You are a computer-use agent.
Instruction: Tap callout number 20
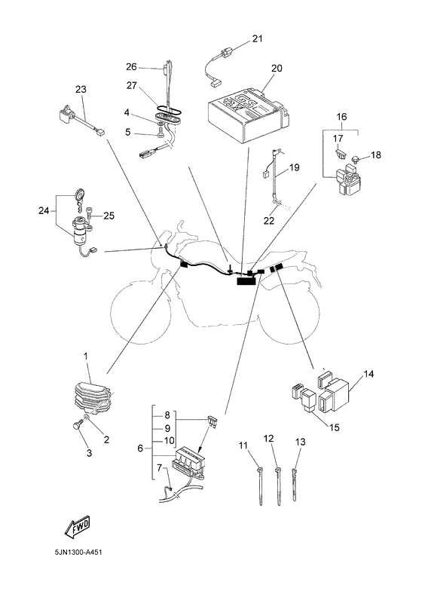pyautogui.click(x=277, y=69)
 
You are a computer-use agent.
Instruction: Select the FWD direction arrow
pyautogui.click(x=78, y=527)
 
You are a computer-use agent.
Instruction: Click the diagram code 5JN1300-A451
pyautogui.click(x=78, y=552)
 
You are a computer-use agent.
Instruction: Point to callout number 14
pyautogui.click(x=368, y=375)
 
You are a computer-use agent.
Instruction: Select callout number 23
pyautogui.click(x=81, y=90)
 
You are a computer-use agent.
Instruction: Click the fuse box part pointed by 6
pyautogui.click(x=188, y=461)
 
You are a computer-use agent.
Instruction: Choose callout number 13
pyautogui.click(x=300, y=442)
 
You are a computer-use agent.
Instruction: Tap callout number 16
pyautogui.click(x=341, y=117)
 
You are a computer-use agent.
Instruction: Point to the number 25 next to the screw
pyautogui.click(x=109, y=216)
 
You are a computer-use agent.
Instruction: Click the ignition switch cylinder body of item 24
pyautogui.click(x=81, y=232)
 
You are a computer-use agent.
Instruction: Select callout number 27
pyautogui.click(x=131, y=86)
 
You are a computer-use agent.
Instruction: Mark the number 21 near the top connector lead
pyautogui.click(x=257, y=39)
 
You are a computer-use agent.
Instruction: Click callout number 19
pyautogui.click(x=294, y=167)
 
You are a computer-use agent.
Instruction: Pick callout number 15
pyautogui.click(x=334, y=427)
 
